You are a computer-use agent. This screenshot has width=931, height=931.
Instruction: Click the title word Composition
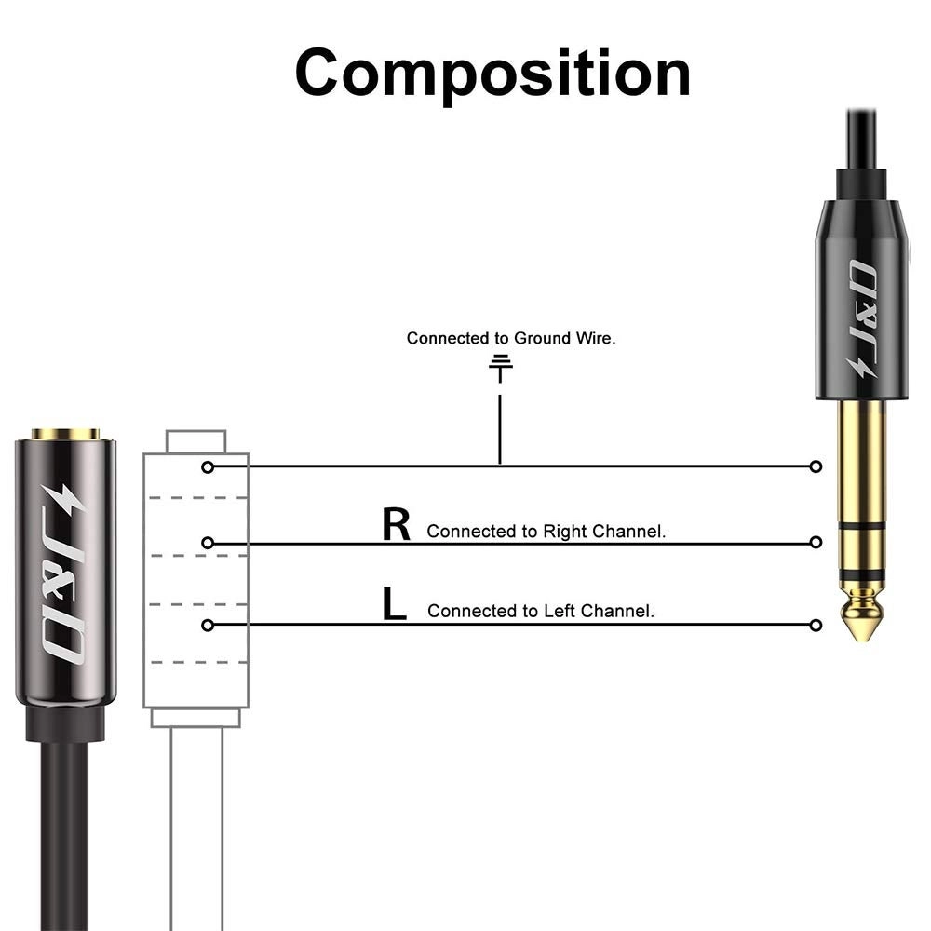pos(492,72)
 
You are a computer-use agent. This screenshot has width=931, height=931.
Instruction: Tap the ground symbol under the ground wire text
pos(501,367)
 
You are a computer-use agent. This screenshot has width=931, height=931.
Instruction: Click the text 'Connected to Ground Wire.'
pos(511,338)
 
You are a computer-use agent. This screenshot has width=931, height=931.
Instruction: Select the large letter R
pos(396,525)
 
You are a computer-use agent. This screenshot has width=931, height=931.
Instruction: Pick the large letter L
pos(395,604)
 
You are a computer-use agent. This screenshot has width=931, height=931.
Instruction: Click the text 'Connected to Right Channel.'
pos(546,532)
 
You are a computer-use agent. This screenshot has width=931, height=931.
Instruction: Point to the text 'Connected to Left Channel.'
pos(541,612)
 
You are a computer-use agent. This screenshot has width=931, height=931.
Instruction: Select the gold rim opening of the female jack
pos(65,434)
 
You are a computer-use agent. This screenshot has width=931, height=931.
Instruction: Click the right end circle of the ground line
pos(816,465)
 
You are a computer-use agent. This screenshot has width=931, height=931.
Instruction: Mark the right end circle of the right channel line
pos(816,542)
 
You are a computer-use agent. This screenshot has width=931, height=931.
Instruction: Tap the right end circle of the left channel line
pos(816,625)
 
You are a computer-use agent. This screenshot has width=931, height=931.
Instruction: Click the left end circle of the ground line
pos(208,465)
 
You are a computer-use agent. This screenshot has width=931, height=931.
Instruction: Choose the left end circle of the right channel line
pos(208,542)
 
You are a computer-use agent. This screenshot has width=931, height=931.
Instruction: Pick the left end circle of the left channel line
pos(208,625)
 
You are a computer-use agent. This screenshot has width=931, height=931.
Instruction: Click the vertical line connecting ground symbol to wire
pos(500,428)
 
